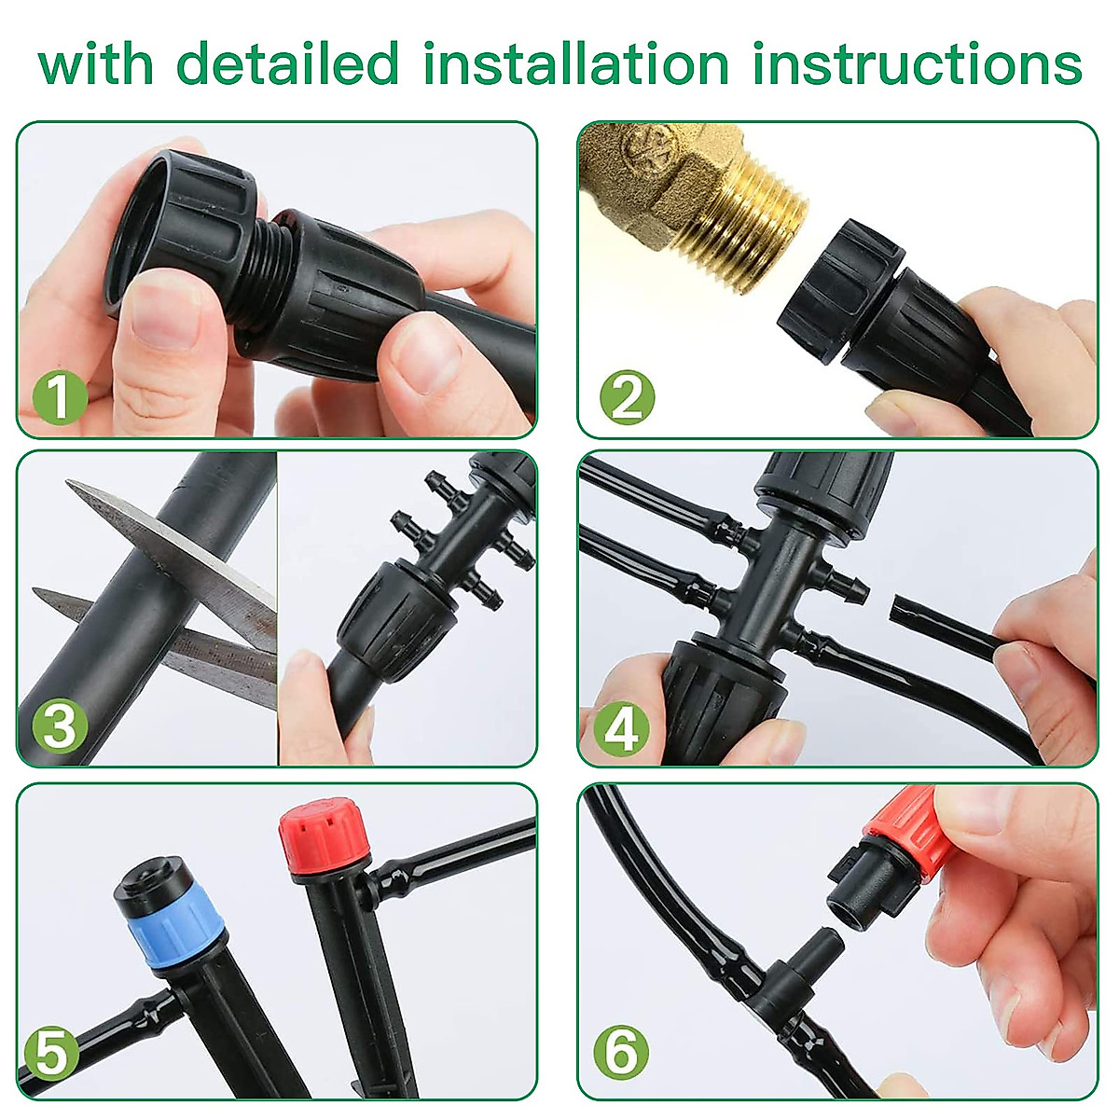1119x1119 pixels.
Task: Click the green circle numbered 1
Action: point(60,399)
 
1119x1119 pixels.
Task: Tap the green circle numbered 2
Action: point(627,399)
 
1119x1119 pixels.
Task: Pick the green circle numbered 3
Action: point(60,726)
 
